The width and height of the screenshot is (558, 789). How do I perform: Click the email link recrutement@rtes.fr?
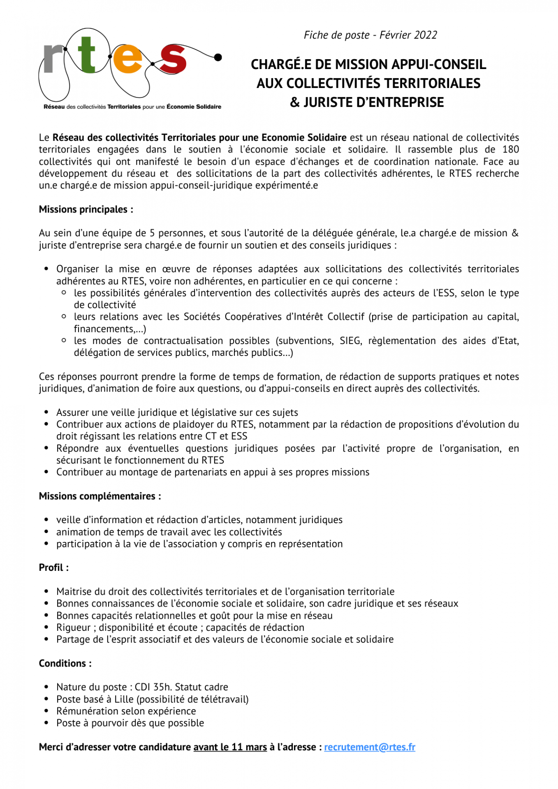[369, 747]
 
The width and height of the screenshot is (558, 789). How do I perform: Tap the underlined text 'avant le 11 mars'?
[230, 747]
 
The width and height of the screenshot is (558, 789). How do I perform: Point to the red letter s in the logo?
[173, 60]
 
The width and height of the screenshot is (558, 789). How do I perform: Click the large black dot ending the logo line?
[218, 57]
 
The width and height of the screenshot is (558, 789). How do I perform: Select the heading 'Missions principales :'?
[86, 210]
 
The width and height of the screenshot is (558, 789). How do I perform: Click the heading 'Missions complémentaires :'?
[100, 496]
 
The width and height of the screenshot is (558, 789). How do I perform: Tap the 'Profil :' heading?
[54, 568]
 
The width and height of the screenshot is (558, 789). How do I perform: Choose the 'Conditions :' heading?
[65, 663]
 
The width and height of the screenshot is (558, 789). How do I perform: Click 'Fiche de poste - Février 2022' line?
[370, 35]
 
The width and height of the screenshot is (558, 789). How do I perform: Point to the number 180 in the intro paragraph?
[510, 150]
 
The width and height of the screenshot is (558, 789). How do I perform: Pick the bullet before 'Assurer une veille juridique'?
[47, 412]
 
